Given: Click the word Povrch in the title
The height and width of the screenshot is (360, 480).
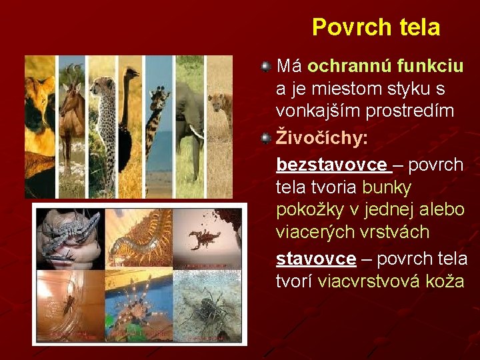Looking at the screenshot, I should [x=345, y=27].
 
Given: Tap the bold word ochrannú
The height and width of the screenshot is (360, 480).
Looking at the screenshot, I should [x=350, y=66].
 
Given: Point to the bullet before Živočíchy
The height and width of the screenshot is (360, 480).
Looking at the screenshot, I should [x=265, y=138].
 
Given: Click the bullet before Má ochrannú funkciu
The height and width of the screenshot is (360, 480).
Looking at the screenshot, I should [x=265, y=66].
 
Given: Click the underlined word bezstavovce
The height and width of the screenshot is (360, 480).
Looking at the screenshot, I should [x=331, y=164].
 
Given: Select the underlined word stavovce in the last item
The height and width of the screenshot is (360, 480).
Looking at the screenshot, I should [x=316, y=258].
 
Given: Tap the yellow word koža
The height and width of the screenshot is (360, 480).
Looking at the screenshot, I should [x=441, y=281].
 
